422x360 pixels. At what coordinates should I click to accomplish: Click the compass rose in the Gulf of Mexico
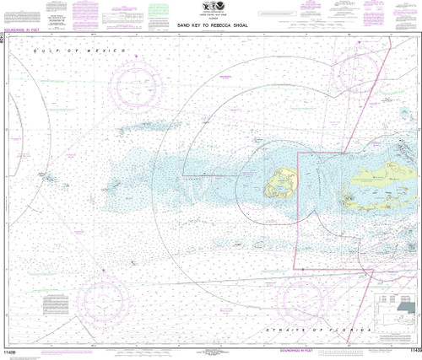coord(135,84)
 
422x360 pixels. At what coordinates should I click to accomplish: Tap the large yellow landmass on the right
coord(384,184)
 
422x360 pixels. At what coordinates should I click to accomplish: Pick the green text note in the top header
coord(159,12)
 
